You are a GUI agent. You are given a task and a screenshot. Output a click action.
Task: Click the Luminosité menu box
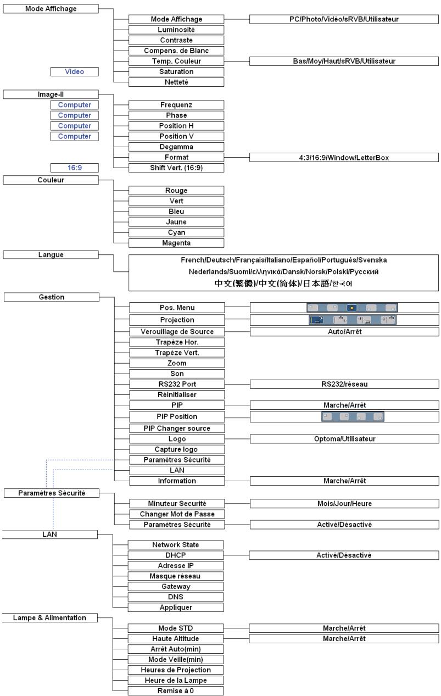[176, 30]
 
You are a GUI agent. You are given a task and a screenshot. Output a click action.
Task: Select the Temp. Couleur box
[176, 61]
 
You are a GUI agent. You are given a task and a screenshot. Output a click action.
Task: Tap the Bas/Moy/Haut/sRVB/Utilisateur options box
[344, 61]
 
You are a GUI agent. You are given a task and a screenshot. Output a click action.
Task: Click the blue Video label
[75, 72]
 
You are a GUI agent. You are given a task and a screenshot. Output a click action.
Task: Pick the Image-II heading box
[51, 94]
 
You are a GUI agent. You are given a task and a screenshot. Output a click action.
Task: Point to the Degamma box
[176, 147]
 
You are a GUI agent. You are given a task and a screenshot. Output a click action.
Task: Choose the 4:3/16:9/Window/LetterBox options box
[344, 158]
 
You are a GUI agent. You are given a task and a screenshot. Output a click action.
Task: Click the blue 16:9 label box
[75, 168]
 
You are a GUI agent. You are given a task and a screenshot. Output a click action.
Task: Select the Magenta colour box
[176, 243]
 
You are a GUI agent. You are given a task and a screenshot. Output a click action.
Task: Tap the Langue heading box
[51, 255]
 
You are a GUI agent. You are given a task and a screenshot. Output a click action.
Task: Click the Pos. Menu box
[177, 308]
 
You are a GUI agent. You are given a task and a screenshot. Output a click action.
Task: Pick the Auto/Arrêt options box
[344, 332]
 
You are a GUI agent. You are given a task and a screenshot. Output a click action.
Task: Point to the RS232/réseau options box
[344, 385]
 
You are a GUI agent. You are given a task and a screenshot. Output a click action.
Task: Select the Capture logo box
[177, 449]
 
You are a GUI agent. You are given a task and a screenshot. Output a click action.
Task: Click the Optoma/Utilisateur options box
[344, 439]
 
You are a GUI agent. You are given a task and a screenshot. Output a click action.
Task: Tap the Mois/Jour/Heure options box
[344, 504]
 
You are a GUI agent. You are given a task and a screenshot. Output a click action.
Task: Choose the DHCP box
[176, 555]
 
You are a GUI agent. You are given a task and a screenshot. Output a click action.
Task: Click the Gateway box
[176, 587]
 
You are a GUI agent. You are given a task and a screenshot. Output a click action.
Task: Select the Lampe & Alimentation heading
[49, 617]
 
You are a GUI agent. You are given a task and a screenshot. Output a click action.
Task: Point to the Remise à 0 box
[176, 691]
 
